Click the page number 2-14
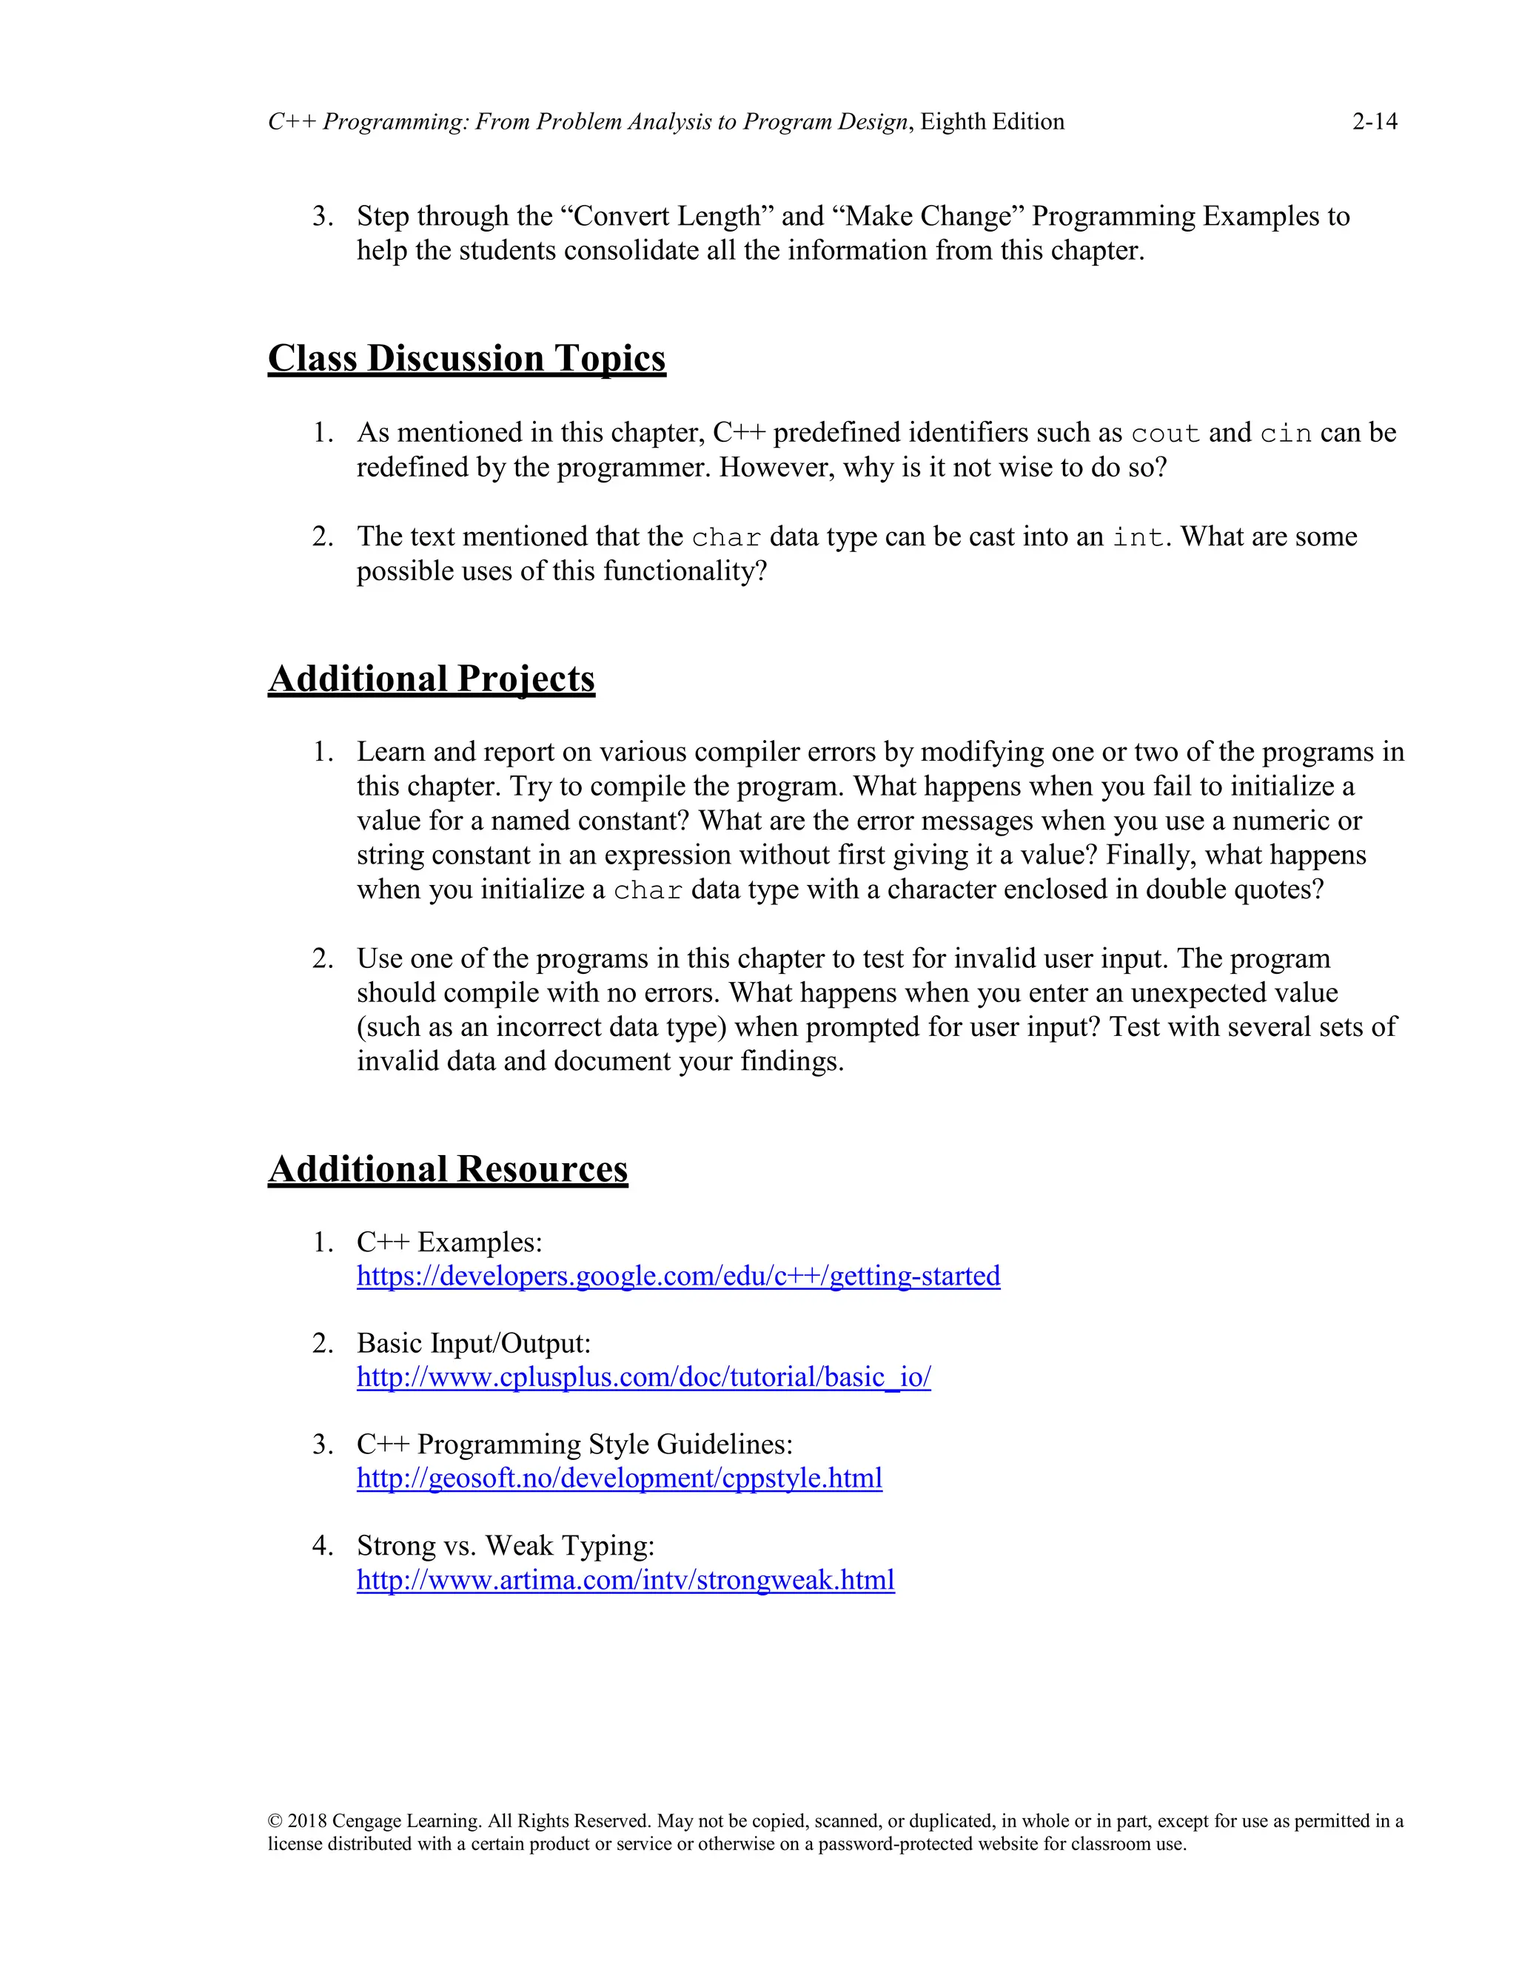[x=1374, y=121]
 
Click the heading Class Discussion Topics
[x=466, y=358]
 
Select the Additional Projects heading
[x=431, y=679]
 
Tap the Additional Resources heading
[x=447, y=1169]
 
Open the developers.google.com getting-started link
[x=678, y=1276]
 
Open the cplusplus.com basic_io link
[x=643, y=1377]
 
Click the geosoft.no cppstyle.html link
[x=619, y=1478]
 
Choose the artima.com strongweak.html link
[x=625, y=1579]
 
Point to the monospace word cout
[x=1165, y=434]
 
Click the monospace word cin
[x=1285, y=434]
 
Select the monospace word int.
[x=1138, y=538]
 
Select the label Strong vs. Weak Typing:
[x=506, y=1545]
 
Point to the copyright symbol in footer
[x=275, y=1821]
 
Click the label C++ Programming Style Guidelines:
[x=574, y=1444]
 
